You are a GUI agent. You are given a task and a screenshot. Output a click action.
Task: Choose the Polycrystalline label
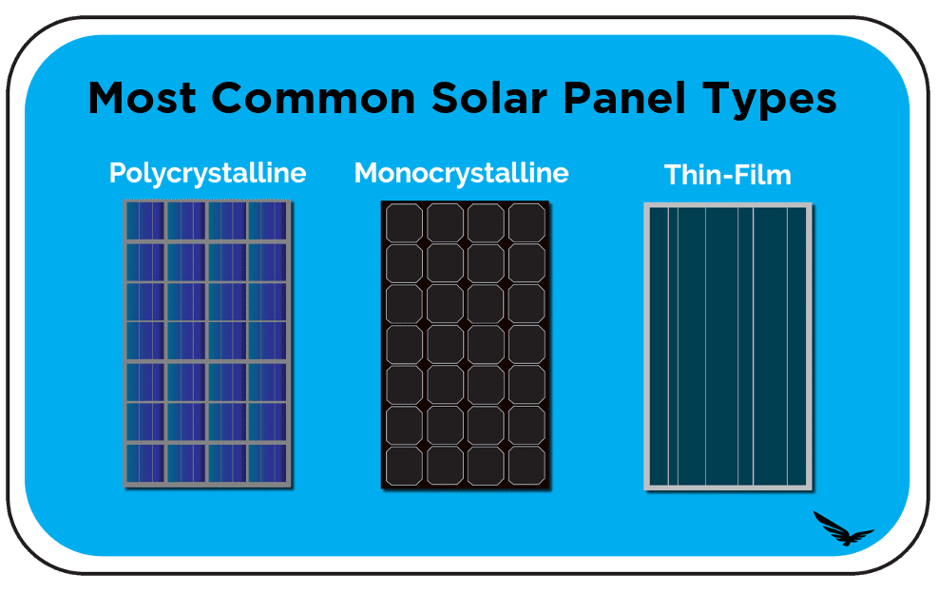coord(207,173)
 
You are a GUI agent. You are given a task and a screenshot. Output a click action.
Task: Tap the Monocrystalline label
coord(461,173)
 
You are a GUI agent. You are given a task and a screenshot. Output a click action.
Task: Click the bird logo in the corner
coord(842,528)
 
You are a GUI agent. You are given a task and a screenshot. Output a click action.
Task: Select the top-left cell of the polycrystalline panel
coord(145,220)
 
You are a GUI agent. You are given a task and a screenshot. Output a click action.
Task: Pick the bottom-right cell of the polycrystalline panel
coord(268,464)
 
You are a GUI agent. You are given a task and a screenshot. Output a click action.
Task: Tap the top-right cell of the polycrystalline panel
coord(268,220)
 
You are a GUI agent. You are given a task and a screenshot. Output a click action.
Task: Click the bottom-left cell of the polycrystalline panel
coord(145,464)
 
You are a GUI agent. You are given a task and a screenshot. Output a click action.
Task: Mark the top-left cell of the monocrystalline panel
coord(404,222)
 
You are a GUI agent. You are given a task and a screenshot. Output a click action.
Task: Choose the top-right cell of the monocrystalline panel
coord(526,222)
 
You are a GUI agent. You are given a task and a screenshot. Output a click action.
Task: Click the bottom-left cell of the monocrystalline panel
coord(404,466)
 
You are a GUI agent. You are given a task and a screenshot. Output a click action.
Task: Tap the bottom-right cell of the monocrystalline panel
coord(526,466)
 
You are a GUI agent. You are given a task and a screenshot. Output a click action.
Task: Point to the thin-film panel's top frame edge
coord(728,205)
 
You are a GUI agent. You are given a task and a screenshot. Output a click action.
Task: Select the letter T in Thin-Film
coord(672,176)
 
